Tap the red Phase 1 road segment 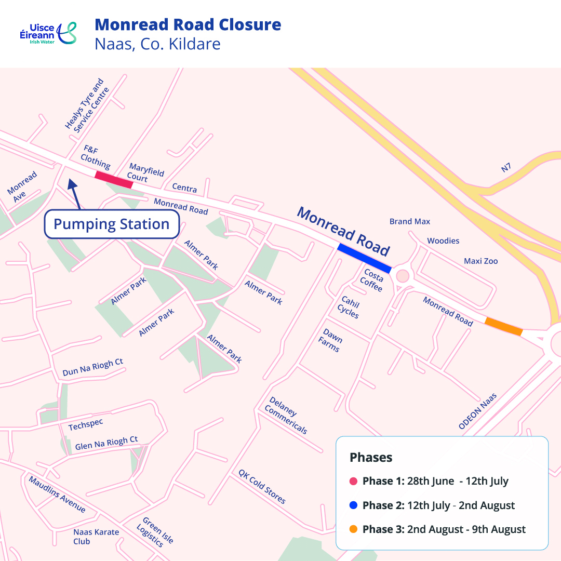(114, 179)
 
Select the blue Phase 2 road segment (364, 258)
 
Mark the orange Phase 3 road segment (503, 326)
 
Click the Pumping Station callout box (112, 224)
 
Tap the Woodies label (443, 241)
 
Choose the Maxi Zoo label (480, 261)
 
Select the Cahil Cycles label (349, 307)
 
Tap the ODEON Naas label (477, 411)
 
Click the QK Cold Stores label (262, 487)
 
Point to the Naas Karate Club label (96, 537)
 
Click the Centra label (184, 188)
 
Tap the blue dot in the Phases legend (354, 505)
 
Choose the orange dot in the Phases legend (354, 529)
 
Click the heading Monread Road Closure (188, 24)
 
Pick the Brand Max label (410, 221)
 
